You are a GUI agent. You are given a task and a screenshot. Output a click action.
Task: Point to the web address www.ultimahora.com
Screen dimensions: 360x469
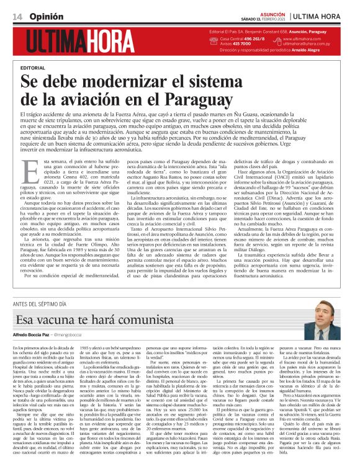(304, 39)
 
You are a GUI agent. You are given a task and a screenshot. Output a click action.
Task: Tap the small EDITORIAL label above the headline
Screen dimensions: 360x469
(32, 67)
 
